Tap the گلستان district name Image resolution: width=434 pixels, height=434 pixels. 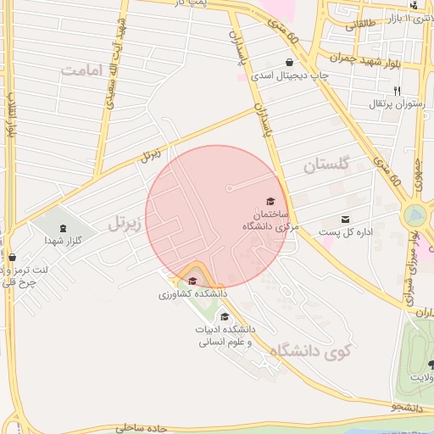(325, 165)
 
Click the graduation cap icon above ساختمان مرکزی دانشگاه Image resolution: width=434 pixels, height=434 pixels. (270, 201)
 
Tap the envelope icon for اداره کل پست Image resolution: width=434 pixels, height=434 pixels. (345, 219)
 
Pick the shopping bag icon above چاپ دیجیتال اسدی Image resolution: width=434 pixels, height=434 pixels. (290, 62)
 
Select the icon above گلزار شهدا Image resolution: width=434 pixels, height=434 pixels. (63, 228)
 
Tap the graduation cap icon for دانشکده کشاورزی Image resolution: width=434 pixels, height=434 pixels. (192, 281)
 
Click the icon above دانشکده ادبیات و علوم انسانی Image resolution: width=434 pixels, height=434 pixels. (224, 315)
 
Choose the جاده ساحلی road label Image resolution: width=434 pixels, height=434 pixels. (128, 428)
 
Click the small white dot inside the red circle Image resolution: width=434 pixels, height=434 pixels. (229, 188)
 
